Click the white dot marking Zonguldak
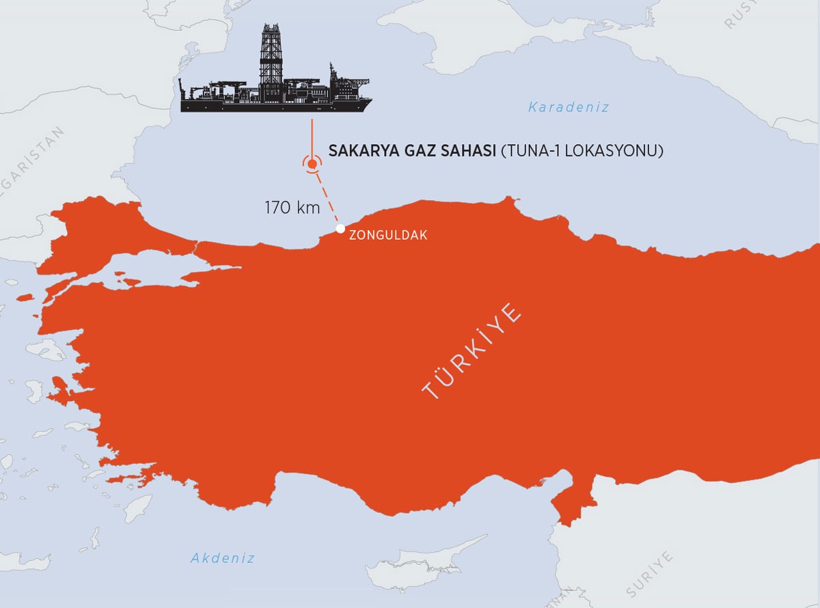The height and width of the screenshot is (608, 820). (340, 228)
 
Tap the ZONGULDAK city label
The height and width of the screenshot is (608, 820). (387, 236)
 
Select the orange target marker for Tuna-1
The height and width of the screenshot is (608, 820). (312, 163)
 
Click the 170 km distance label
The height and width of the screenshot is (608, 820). (292, 208)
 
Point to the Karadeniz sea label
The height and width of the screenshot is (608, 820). (568, 107)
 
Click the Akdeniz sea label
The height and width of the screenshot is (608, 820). (223, 558)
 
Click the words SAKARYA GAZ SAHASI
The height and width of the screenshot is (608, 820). (412, 151)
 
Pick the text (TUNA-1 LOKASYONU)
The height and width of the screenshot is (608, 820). (582, 151)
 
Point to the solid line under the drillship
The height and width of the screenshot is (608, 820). (312, 137)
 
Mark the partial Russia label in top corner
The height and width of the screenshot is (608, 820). (741, 14)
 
